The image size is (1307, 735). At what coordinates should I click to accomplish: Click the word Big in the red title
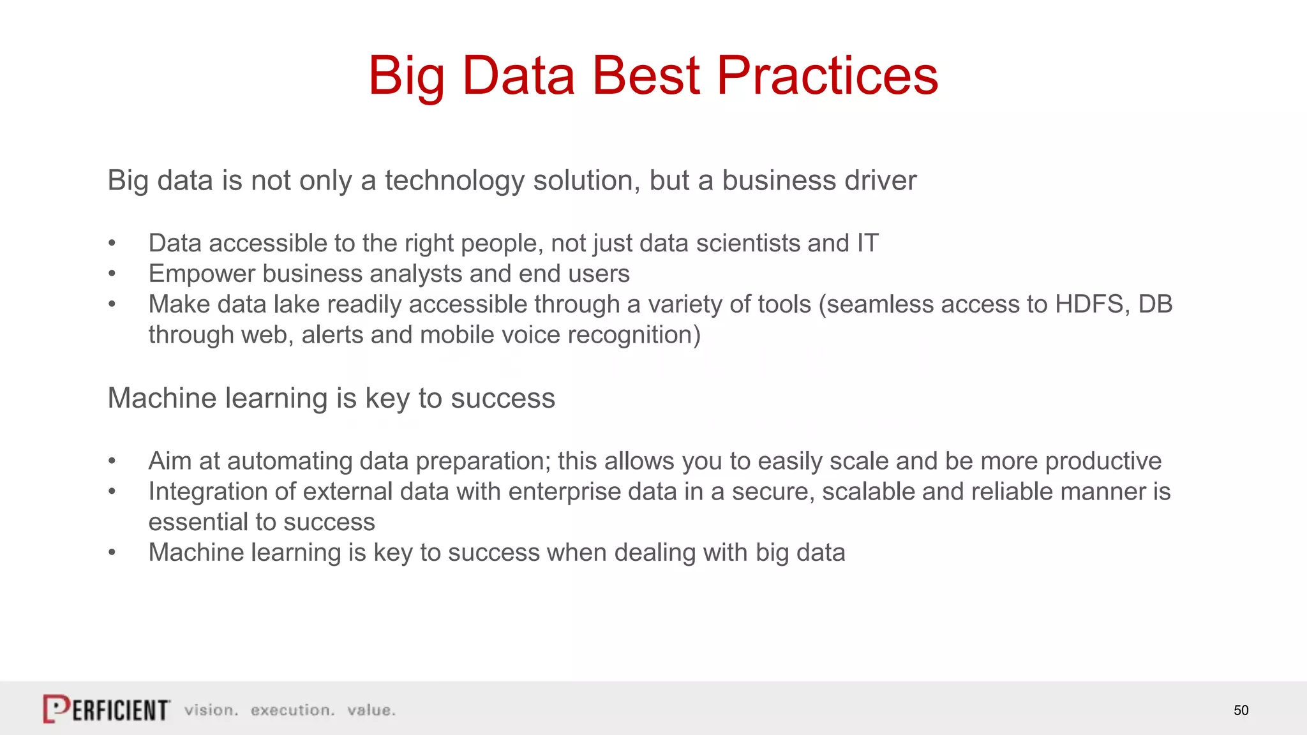(406, 75)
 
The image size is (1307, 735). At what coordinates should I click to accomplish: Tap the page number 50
(1241, 710)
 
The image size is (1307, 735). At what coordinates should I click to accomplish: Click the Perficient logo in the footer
(107, 709)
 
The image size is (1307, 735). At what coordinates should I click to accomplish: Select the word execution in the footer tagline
(292, 710)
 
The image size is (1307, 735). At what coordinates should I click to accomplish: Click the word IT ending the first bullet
(867, 243)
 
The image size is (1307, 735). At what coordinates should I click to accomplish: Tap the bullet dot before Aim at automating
(112, 461)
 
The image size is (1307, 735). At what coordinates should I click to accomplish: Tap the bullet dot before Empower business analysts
(112, 274)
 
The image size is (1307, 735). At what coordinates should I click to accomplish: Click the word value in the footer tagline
(371, 710)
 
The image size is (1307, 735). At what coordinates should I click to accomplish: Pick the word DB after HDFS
(1155, 304)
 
